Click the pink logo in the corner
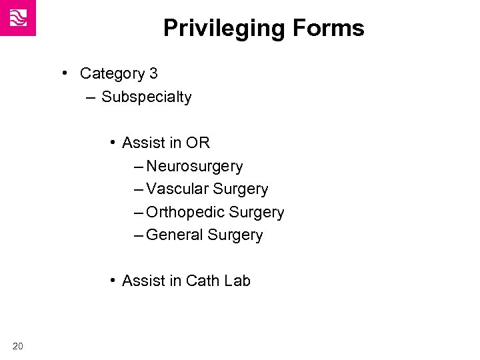click(18, 18)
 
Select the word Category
click(107, 73)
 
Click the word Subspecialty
click(147, 97)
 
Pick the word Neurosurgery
click(195, 166)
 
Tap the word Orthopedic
click(185, 213)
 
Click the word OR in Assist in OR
click(198, 143)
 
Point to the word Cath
click(203, 281)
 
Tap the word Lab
click(237, 281)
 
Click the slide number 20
click(18, 345)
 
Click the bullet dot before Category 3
click(67, 72)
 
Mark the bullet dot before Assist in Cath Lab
click(114, 281)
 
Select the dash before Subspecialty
click(91, 98)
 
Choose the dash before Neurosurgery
click(138, 166)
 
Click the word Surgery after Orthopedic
click(256, 213)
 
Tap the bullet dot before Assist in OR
click(114, 142)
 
